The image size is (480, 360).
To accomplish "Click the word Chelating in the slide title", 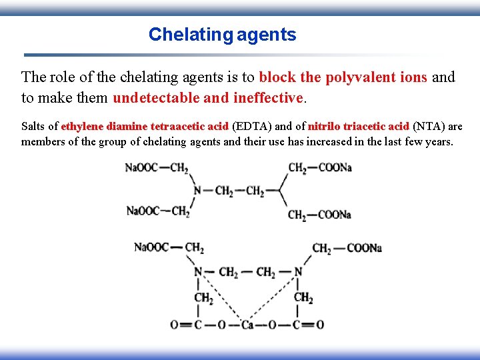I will (x=190, y=35).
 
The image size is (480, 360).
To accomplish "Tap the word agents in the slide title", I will (x=266, y=35).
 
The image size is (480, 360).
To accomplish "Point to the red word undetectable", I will (x=156, y=98).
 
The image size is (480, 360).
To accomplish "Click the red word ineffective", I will (x=269, y=98).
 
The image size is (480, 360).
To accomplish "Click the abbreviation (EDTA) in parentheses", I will (x=250, y=126).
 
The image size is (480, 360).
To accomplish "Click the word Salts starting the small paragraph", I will (x=33, y=126).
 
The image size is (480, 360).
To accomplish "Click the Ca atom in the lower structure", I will (x=248, y=325).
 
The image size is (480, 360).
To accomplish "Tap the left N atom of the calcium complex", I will (x=198, y=272).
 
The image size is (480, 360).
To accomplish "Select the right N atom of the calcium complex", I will (x=298, y=272).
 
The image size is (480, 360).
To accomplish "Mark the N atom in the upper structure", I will (x=197, y=191).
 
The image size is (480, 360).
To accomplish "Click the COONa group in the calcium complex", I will (x=364, y=248).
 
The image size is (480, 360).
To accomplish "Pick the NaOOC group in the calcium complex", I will (x=151, y=247).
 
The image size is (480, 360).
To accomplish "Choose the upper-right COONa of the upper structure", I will (x=335, y=167).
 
